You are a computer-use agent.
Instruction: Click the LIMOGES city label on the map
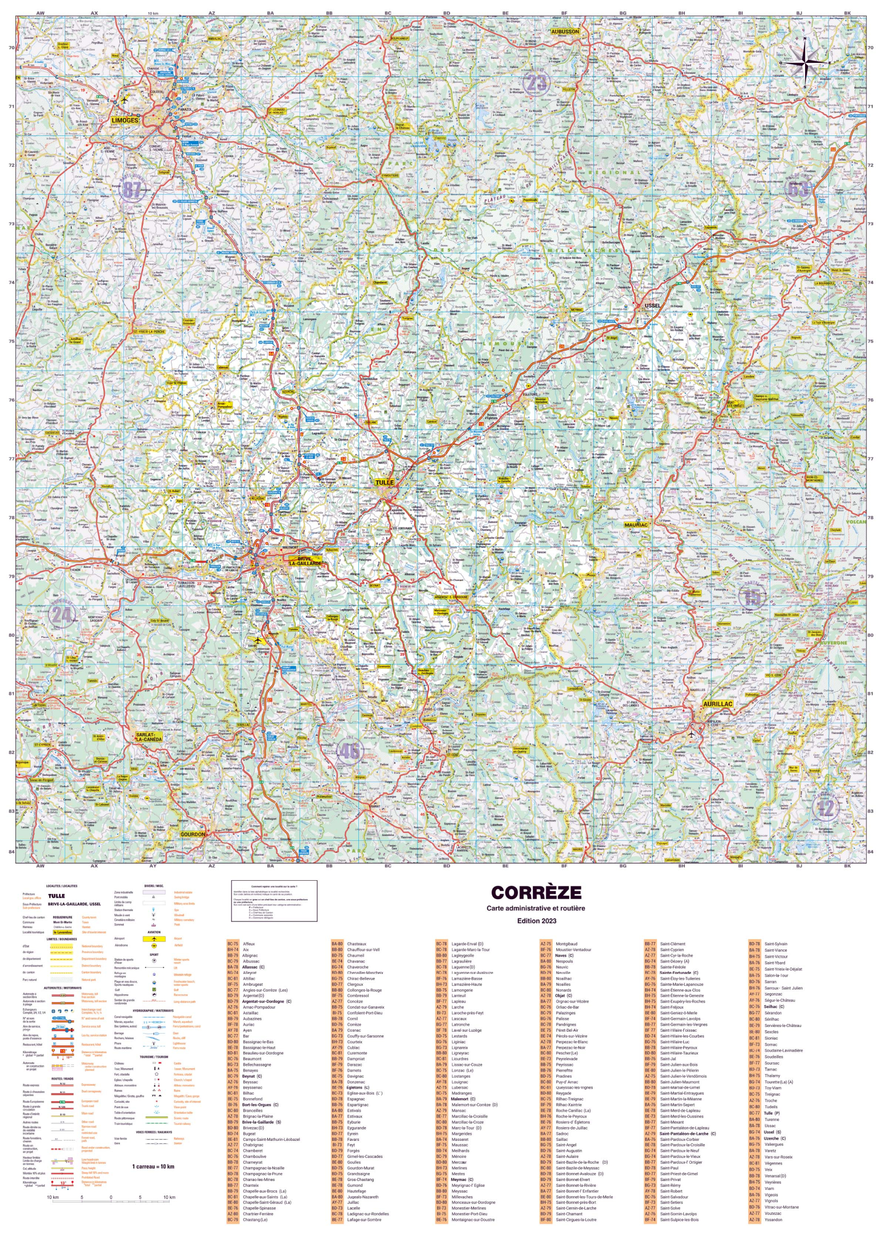124,120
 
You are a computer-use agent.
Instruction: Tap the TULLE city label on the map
384,482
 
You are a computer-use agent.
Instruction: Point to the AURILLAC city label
717,704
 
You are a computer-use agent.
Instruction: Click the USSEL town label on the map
652,305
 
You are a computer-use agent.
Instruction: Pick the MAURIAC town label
636,525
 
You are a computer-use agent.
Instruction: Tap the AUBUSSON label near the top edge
565,32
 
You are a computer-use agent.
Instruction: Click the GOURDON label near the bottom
193,833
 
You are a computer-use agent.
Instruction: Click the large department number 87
133,189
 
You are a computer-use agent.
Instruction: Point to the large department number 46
349,752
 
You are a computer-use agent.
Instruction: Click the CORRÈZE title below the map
536,893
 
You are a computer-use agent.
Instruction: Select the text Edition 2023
536,921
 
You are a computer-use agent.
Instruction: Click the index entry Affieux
249,944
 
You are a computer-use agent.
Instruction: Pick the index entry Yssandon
773,1219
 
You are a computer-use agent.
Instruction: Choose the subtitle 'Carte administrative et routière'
536,908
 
